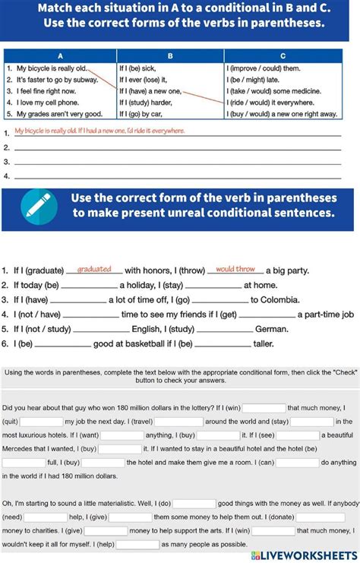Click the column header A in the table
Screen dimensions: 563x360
[x=60, y=56]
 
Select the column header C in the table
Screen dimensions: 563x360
[x=283, y=56]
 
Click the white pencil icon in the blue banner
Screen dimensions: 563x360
[x=33, y=204]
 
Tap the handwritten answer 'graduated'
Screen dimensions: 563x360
[x=95, y=269]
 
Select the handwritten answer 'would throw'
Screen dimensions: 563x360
[x=235, y=269]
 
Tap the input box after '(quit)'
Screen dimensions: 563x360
[x=41, y=422]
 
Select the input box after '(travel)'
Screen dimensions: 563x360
[x=179, y=422]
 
